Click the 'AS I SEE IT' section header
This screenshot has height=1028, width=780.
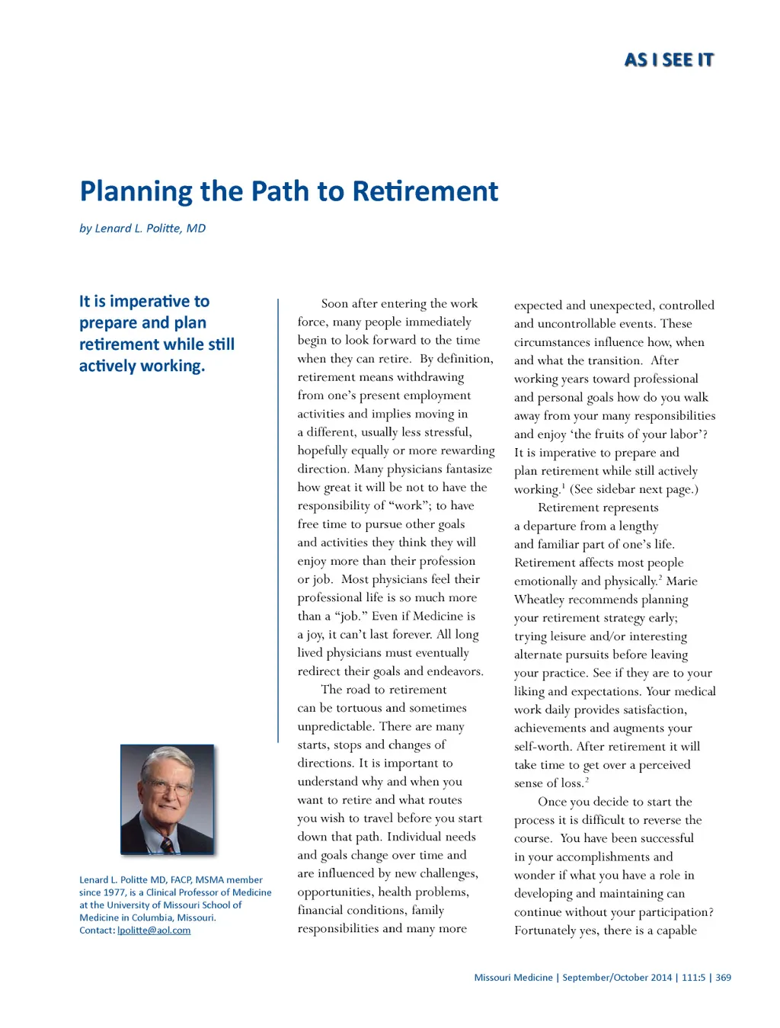pyautogui.click(x=669, y=60)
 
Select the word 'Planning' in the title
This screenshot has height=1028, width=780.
pyautogui.click(x=136, y=191)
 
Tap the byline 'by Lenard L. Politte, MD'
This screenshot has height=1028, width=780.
pyautogui.click(x=142, y=228)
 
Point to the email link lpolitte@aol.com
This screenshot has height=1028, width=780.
pyautogui.click(x=154, y=930)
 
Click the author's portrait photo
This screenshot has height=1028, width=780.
pyautogui.click(x=167, y=799)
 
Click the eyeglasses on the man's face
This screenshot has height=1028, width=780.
pyautogui.click(x=170, y=788)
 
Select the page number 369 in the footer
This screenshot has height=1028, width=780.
pyautogui.click(x=723, y=978)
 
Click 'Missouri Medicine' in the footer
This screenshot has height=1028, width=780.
pyautogui.click(x=513, y=978)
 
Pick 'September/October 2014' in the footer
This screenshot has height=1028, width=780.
pyautogui.click(x=617, y=978)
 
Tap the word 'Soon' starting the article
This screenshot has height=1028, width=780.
pyautogui.click(x=335, y=304)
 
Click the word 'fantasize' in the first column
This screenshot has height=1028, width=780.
pyautogui.click(x=468, y=469)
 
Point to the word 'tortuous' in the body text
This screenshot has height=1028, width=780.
pyautogui.click(x=359, y=708)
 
